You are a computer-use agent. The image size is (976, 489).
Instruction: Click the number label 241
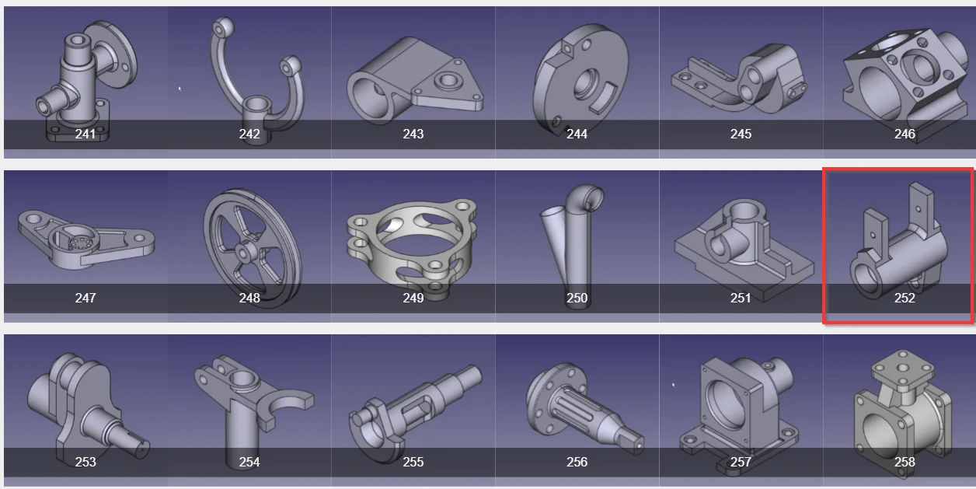[85, 134]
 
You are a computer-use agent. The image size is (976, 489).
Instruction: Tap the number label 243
[413, 134]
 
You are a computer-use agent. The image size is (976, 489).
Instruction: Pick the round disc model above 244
[577, 78]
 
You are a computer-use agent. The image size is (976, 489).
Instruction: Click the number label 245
[741, 134]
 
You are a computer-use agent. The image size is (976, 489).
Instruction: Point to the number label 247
[85, 298]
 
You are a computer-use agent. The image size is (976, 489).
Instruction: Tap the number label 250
[577, 298]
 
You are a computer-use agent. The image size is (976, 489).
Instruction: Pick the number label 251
[741, 298]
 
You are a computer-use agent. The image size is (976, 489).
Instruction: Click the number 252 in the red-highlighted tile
[905, 298]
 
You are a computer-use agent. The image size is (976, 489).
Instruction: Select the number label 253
[85, 462]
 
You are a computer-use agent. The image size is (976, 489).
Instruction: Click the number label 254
[249, 462]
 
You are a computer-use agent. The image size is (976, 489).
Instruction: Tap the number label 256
[577, 462]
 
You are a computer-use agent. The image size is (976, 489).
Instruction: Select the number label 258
[905, 462]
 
